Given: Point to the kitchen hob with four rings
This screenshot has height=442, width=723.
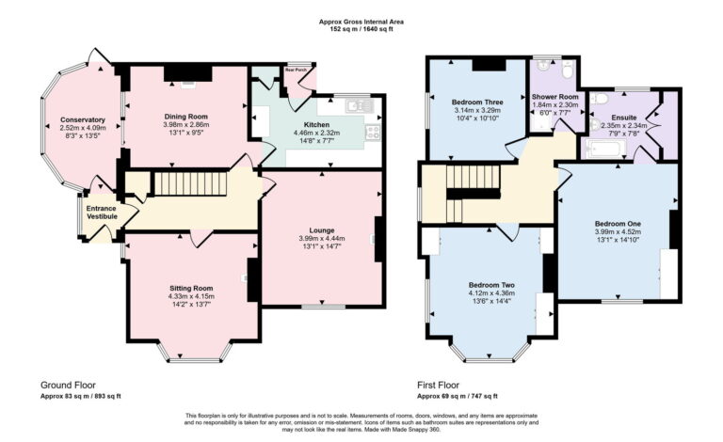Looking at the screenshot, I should tap(372, 133).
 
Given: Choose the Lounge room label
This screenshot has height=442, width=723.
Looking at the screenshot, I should tap(322, 229).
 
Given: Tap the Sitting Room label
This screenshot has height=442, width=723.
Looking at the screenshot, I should tap(191, 288).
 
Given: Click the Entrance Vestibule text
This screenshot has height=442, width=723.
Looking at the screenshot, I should tap(102, 213).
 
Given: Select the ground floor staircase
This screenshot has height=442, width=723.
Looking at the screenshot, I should tap(191, 183).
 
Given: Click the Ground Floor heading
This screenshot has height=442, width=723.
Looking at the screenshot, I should tap(68, 386).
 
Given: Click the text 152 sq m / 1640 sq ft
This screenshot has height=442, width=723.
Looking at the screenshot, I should tap(362, 29).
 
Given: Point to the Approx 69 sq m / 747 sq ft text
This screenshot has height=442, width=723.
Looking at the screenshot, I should tap(458, 397).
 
